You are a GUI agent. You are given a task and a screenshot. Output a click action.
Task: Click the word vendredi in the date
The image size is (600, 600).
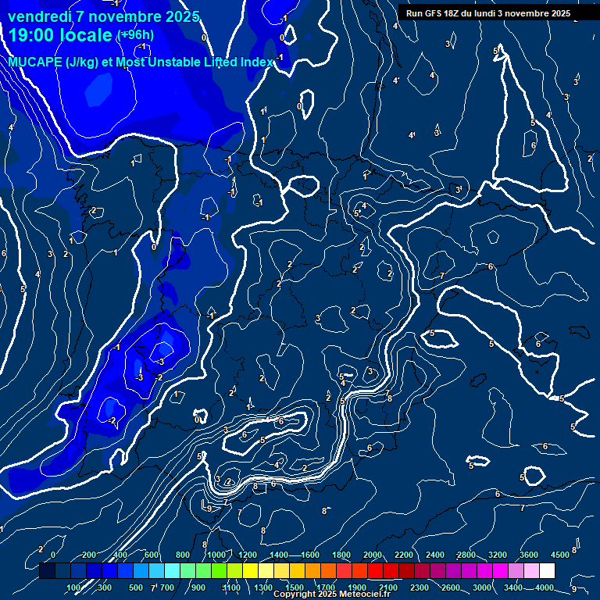click(x=40, y=16)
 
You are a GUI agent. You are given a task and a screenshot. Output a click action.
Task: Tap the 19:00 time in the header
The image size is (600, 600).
click(x=31, y=35)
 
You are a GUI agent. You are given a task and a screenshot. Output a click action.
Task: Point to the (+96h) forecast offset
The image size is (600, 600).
click(x=134, y=35)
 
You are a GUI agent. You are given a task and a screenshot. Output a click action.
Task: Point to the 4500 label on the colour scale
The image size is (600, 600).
click(x=559, y=555)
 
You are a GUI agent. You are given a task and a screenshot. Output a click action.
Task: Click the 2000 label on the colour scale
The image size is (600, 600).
click(x=373, y=555)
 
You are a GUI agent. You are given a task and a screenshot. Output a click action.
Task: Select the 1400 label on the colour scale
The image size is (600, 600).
click(x=279, y=555)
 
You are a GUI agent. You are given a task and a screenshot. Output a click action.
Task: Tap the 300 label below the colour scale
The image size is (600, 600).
click(x=105, y=587)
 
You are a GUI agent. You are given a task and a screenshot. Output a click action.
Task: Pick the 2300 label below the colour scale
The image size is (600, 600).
click(x=419, y=587)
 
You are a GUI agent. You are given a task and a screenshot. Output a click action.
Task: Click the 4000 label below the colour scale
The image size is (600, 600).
click(x=545, y=587)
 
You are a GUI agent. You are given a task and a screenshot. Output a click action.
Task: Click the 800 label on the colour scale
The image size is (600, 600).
click(x=184, y=555)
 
